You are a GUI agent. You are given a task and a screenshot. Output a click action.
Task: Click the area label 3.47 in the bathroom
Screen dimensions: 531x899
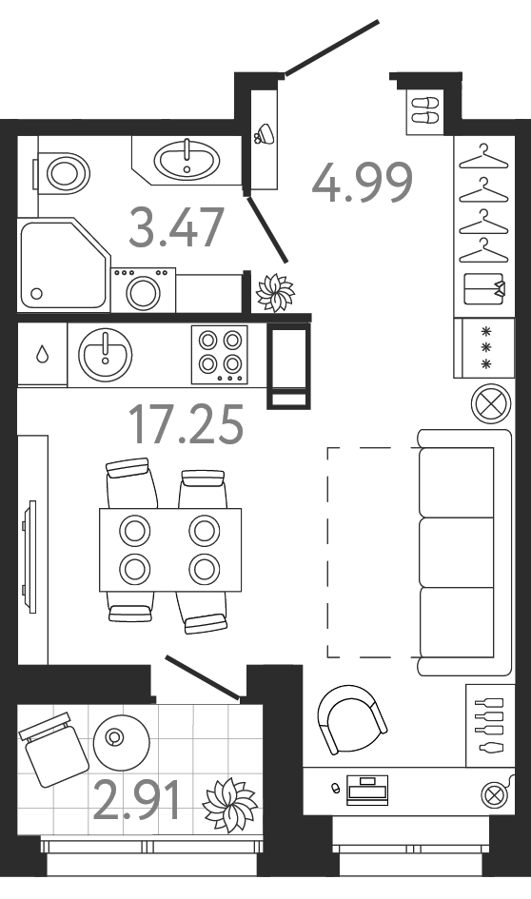click(x=176, y=227)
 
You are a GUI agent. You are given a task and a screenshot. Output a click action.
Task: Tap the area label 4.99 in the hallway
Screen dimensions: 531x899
click(x=363, y=183)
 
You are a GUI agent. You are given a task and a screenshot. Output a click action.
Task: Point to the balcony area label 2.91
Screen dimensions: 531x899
click(x=136, y=799)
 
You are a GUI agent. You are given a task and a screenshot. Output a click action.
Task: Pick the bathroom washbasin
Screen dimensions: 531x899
click(x=187, y=158)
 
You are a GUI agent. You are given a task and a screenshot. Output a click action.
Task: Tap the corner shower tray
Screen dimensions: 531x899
click(x=63, y=265)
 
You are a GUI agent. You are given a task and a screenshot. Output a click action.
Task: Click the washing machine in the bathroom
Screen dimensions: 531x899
click(x=144, y=290)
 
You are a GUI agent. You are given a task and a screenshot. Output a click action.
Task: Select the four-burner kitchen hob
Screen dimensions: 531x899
click(x=220, y=354)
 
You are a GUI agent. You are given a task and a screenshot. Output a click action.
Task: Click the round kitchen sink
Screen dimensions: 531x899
click(x=106, y=354)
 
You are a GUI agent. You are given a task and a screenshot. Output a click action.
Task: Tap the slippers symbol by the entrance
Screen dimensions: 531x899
click(x=425, y=110)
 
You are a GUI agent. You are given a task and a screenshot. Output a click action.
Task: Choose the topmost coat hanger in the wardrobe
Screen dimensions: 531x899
click(x=483, y=158)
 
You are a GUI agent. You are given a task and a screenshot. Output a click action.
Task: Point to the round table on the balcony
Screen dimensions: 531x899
click(x=122, y=742)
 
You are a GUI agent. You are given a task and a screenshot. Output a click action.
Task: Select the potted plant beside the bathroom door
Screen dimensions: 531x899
click(x=275, y=292)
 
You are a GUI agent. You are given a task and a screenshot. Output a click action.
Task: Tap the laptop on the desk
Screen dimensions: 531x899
click(x=367, y=790)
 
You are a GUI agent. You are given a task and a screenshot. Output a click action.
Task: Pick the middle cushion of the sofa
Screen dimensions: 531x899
click(x=457, y=552)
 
